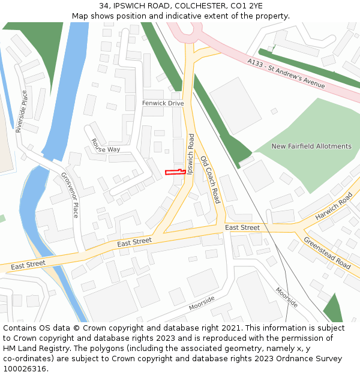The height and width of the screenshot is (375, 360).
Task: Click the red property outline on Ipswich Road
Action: tap(174, 172)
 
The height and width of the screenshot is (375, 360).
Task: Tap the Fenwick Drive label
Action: tap(163, 103)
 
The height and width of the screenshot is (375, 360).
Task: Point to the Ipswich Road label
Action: tap(191, 154)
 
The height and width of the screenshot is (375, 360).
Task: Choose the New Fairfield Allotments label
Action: tap(311, 146)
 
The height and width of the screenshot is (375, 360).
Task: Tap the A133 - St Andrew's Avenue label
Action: tap(286, 74)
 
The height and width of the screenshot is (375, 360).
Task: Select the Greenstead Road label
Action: tap(327, 253)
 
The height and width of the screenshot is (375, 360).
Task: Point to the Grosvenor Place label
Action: tap(70, 194)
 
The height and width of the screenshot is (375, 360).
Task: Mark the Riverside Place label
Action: tap(22, 111)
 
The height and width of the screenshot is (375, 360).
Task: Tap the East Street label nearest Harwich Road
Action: tap(242, 228)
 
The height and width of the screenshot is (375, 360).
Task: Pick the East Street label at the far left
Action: tap(28, 264)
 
